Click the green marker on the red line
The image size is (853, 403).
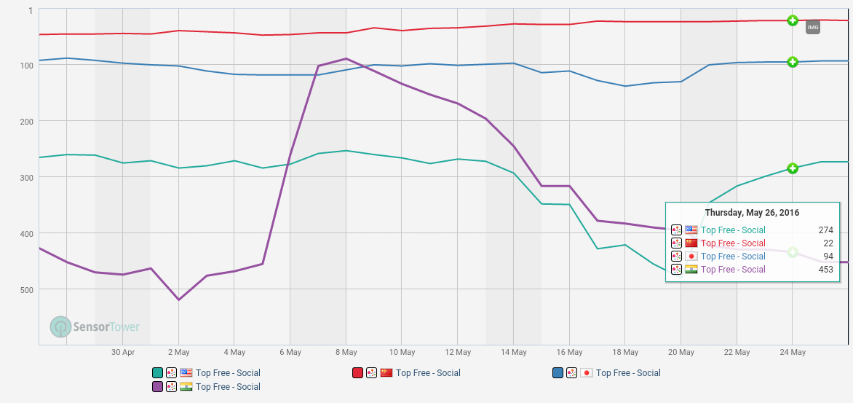(x=793, y=20)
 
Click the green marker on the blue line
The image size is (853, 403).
(x=793, y=62)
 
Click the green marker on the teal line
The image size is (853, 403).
(x=793, y=168)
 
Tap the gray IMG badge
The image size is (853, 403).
(x=813, y=28)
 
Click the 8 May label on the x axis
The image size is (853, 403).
(x=346, y=353)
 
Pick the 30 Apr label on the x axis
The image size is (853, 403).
(x=123, y=353)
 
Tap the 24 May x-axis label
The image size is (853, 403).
(x=793, y=353)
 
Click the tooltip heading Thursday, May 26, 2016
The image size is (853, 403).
(x=752, y=213)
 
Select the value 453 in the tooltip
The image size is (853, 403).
(x=825, y=270)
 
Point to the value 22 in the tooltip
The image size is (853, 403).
(x=828, y=243)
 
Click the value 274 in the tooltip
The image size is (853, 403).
(x=825, y=230)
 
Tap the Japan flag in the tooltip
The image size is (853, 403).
(x=691, y=257)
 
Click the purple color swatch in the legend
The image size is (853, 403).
(x=157, y=387)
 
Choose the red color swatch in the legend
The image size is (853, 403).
(x=357, y=373)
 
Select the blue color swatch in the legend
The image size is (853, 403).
(x=558, y=373)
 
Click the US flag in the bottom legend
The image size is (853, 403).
(x=186, y=373)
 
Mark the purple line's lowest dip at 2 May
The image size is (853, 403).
(x=178, y=300)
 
